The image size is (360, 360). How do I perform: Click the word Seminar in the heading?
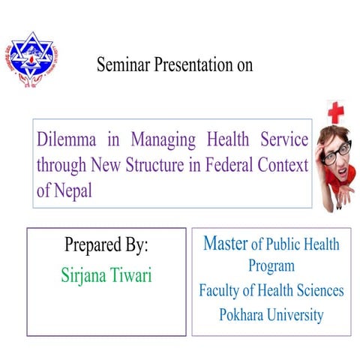[x=121, y=65]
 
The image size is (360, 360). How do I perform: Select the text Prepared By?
[x=106, y=245]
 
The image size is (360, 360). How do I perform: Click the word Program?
[x=271, y=266]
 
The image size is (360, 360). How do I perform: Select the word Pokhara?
[x=242, y=315]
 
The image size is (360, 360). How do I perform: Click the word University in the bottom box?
[x=296, y=315]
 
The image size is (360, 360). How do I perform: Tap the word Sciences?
[x=318, y=290]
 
